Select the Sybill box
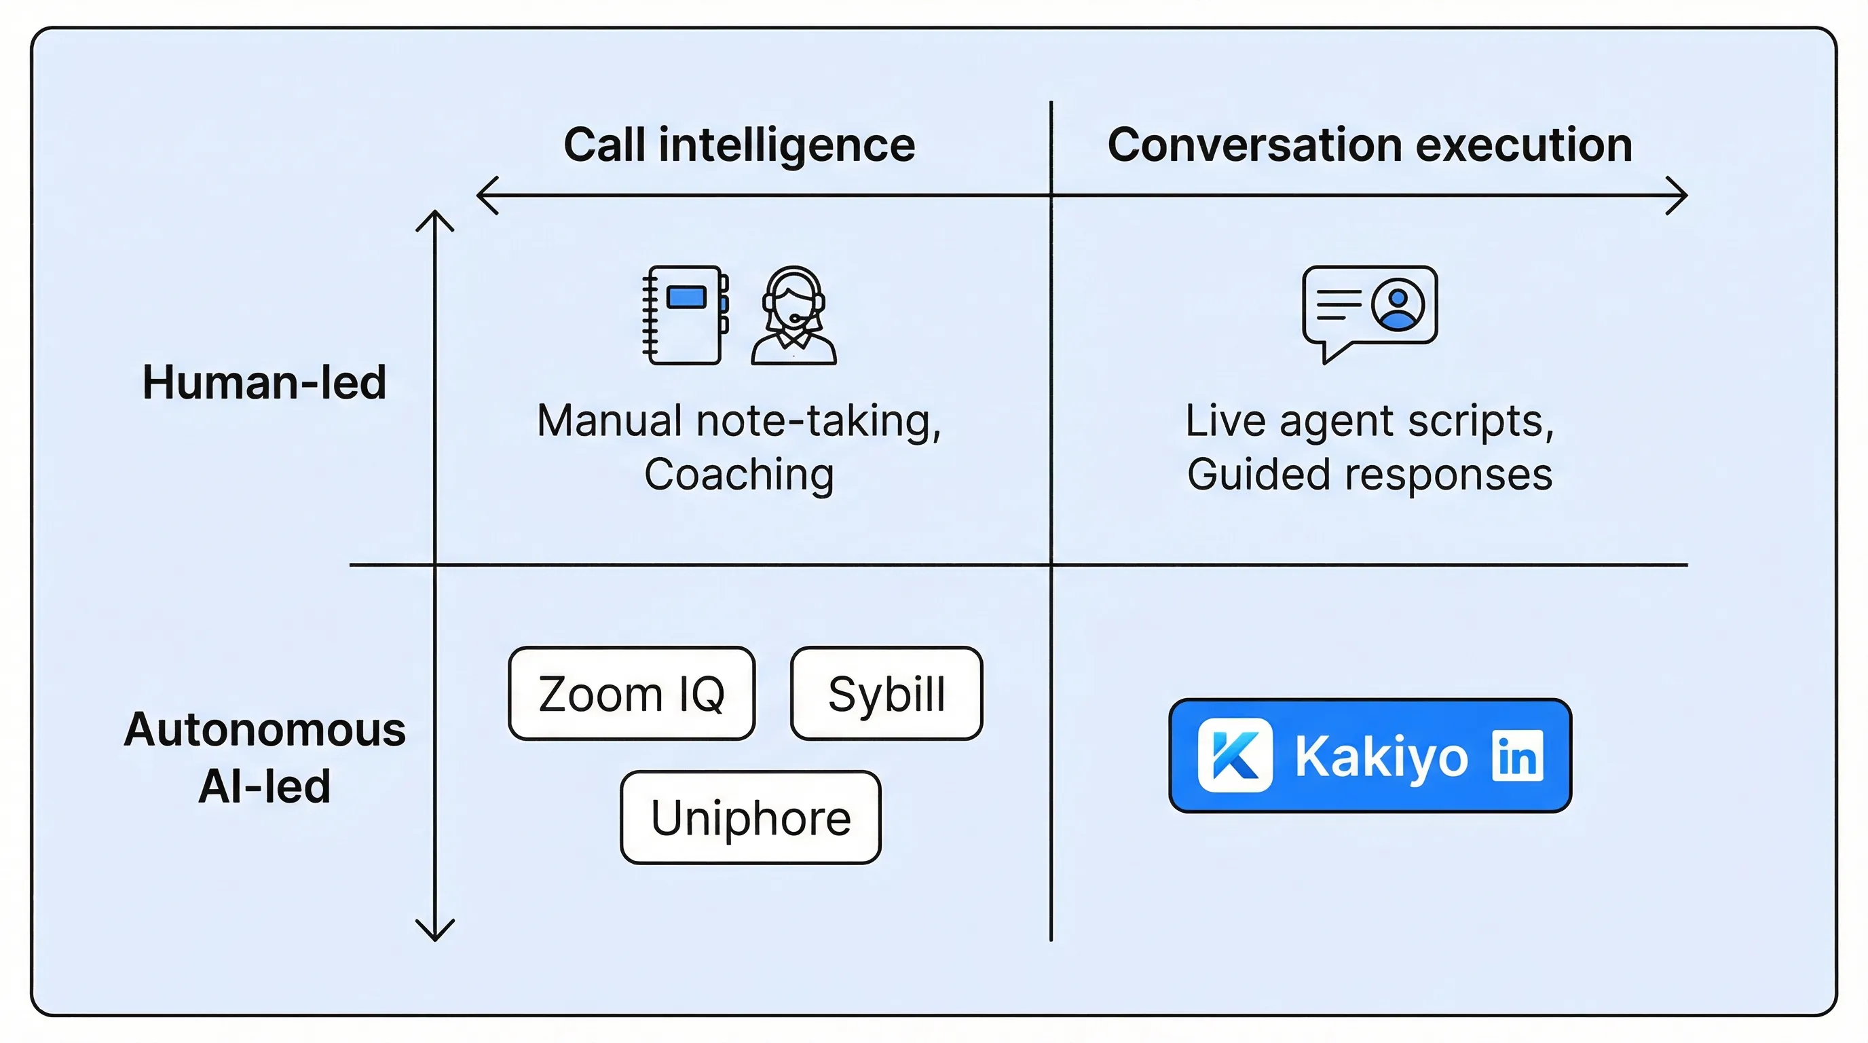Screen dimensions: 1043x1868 coord(886,693)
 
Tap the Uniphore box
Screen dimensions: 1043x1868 coord(751,818)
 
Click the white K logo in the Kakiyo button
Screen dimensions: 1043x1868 coord(1234,755)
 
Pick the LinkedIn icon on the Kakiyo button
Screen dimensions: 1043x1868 coord(1517,756)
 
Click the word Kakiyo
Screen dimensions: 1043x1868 coord(1381,756)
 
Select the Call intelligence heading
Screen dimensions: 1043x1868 coord(739,145)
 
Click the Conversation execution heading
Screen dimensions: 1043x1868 coord(1369,145)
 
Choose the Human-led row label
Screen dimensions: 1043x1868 coord(264,382)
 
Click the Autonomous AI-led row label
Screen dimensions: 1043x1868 coord(264,757)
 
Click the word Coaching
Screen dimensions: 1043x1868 coord(739,475)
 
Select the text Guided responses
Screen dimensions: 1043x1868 coord(1369,475)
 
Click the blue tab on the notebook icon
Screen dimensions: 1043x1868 coord(686,297)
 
